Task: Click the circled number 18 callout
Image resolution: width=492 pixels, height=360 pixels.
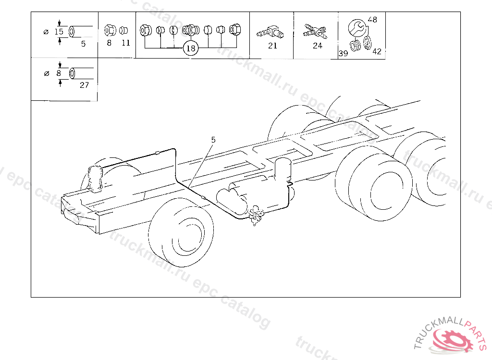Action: (191, 48)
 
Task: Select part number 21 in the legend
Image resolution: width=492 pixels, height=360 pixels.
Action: (273, 46)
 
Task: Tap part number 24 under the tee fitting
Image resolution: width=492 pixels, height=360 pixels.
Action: (318, 46)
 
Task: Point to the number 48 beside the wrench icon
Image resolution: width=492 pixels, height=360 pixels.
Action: (372, 20)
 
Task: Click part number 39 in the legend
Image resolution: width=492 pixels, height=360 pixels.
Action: (343, 53)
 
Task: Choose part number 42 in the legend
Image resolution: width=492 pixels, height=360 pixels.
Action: (377, 51)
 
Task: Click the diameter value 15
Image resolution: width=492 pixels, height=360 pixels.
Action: (59, 32)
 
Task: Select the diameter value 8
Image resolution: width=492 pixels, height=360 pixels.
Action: (59, 73)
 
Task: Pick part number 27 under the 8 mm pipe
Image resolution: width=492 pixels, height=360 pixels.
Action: (85, 85)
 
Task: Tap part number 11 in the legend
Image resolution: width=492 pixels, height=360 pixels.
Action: (126, 43)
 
